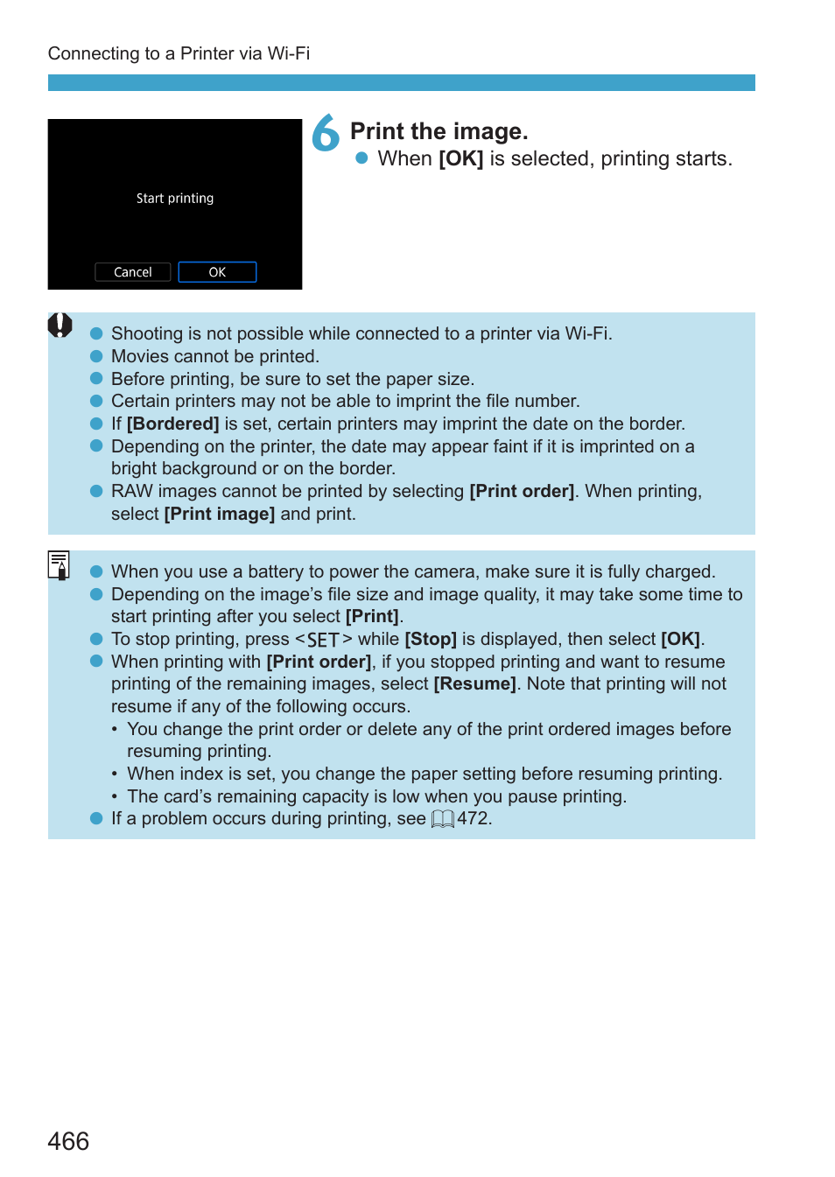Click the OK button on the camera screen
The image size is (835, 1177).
217,272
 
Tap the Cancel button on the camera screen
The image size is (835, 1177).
132,272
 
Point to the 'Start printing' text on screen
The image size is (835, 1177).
175,199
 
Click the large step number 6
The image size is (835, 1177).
326,133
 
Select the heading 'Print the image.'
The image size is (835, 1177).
439,131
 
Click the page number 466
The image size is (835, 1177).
68,1141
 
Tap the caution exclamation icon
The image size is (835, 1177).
60,326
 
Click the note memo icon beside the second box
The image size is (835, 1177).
59,565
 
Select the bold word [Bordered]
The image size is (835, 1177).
172,424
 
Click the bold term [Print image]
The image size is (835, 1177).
219,514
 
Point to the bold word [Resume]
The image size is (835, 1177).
474,683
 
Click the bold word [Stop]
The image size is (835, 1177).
431,639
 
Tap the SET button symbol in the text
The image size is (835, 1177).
323,640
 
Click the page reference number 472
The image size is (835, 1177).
473,818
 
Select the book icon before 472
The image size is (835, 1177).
443,819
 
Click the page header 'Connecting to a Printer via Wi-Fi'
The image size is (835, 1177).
179,53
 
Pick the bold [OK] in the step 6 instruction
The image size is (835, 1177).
460,158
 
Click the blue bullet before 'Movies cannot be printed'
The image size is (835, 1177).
96,356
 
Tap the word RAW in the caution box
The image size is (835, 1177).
131,491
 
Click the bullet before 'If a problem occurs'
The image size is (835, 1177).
96,818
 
